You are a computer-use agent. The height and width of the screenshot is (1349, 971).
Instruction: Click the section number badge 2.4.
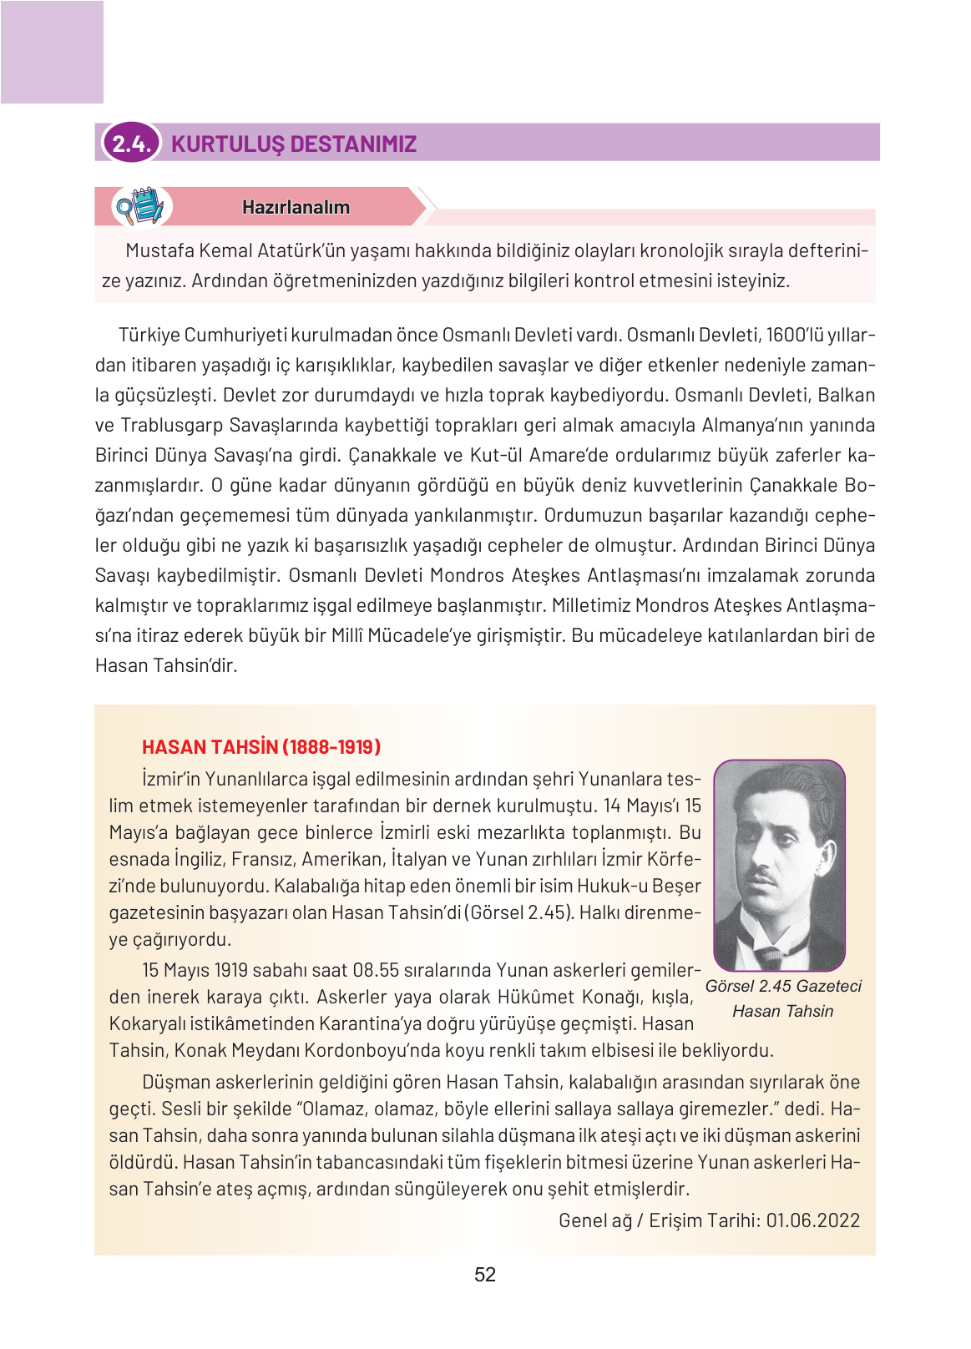(131, 144)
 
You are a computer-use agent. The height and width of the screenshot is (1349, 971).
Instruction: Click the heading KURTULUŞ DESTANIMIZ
(294, 144)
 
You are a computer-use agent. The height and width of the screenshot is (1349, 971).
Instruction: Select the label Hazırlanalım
(296, 207)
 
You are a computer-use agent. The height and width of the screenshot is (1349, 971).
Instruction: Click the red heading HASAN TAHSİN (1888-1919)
(261, 746)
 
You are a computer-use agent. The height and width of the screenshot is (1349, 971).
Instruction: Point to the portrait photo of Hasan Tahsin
(779, 865)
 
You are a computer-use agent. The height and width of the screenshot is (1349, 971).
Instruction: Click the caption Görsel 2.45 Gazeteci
(782, 986)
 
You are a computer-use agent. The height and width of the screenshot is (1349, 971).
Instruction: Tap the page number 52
(484, 1275)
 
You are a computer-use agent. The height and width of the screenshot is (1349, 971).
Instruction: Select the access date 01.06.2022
(812, 1220)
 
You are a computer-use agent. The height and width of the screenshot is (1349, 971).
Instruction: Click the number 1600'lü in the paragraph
(794, 335)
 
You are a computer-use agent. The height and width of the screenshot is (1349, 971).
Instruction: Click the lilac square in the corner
(52, 52)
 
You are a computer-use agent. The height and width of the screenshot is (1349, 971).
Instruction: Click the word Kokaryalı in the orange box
(147, 1023)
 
